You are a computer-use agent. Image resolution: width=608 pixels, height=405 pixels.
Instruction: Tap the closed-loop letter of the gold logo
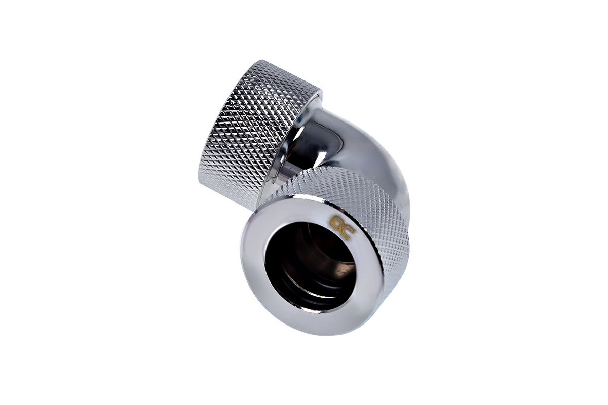coord(336,222)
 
